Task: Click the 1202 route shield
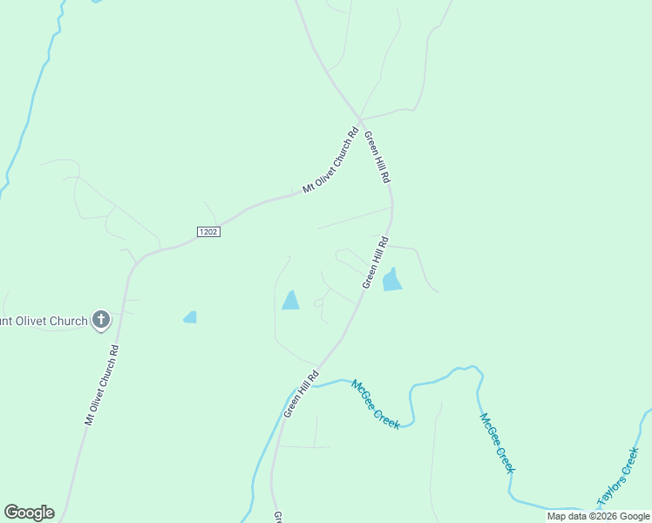(x=207, y=232)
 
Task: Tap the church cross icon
(x=101, y=320)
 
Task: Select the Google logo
(x=29, y=513)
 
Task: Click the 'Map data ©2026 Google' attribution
(x=599, y=517)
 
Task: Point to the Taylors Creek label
(x=618, y=478)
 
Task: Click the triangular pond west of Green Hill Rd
(x=290, y=301)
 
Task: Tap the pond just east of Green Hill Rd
(x=392, y=280)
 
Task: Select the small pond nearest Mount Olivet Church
(x=190, y=317)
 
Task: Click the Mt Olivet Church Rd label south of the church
(x=101, y=384)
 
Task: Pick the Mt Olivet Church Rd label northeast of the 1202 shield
(x=330, y=161)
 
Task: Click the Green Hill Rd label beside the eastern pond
(x=375, y=261)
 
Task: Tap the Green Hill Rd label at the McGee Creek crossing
(x=302, y=393)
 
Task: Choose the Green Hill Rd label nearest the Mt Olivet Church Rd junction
(x=377, y=157)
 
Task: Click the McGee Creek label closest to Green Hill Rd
(x=376, y=404)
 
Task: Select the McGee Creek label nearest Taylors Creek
(x=497, y=443)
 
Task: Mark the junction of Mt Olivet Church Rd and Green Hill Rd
(x=359, y=119)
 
